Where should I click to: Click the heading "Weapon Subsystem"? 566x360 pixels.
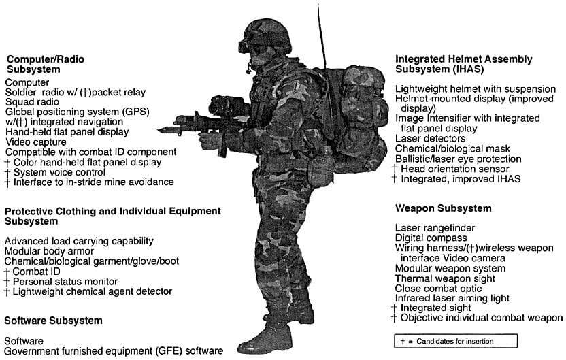click(x=444, y=208)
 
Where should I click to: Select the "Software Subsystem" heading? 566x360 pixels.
click(x=54, y=321)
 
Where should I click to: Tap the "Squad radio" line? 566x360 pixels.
click(x=32, y=102)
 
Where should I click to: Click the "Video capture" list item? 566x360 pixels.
click(x=36, y=142)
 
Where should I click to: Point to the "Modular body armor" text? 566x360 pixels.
click(x=49, y=251)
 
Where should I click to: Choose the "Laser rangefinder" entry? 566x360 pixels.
click(x=435, y=228)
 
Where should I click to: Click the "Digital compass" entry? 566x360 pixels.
click(x=431, y=238)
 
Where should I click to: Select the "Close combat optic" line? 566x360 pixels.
click(x=438, y=289)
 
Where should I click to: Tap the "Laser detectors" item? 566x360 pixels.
click(x=430, y=138)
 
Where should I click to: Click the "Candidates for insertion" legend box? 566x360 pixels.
click(x=456, y=341)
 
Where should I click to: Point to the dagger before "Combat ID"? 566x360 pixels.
click(x=7, y=272)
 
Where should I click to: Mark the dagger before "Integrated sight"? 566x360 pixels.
click(x=395, y=308)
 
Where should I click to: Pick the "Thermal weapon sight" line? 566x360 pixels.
click(x=445, y=278)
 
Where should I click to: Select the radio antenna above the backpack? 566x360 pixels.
click(x=322, y=36)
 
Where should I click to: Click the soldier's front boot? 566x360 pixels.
click(x=265, y=339)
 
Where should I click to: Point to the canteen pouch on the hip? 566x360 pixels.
click(x=320, y=169)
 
